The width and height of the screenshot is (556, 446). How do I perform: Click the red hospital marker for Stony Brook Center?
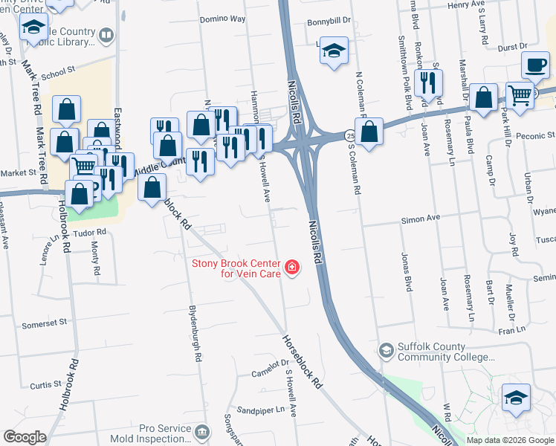292,267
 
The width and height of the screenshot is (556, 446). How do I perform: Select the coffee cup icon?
535,66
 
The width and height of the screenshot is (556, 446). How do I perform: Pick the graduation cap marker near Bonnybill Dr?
334,51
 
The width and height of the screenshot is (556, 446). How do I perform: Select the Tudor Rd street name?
90,232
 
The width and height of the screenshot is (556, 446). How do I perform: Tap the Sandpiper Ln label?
261,410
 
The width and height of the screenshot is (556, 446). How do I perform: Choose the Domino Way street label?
222,19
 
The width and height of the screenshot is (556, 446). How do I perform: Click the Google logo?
25,437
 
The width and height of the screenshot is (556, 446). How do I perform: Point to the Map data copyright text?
509,440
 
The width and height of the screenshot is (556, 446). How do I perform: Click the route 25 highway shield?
349,136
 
